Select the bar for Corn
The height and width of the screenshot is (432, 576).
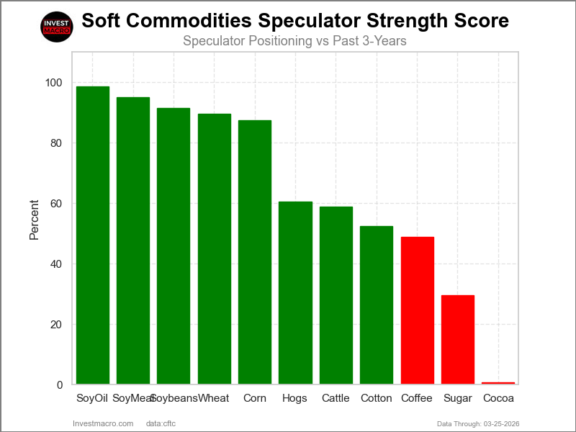pyautogui.click(x=255, y=252)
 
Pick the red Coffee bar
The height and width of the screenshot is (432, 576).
pyautogui.click(x=417, y=310)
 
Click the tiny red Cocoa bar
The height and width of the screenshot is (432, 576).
pyautogui.click(x=498, y=383)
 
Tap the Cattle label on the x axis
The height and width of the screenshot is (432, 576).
pyautogui.click(x=336, y=398)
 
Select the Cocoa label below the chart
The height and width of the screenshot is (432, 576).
pyautogui.click(x=498, y=398)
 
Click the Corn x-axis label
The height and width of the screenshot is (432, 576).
pyautogui.click(x=255, y=398)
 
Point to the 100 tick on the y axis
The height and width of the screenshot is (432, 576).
pyautogui.click(x=53, y=83)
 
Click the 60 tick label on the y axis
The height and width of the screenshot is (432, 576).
pyautogui.click(x=56, y=204)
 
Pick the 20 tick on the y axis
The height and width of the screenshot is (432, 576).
pyautogui.click(x=56, y=325)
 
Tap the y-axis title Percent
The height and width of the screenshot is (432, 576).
pyautogui.click(x=34, y=219)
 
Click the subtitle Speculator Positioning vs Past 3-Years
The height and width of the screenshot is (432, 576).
pyautogui.click(x=294, y=41)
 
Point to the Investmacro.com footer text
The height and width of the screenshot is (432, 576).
pyautogui.click(x=103, y=423)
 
